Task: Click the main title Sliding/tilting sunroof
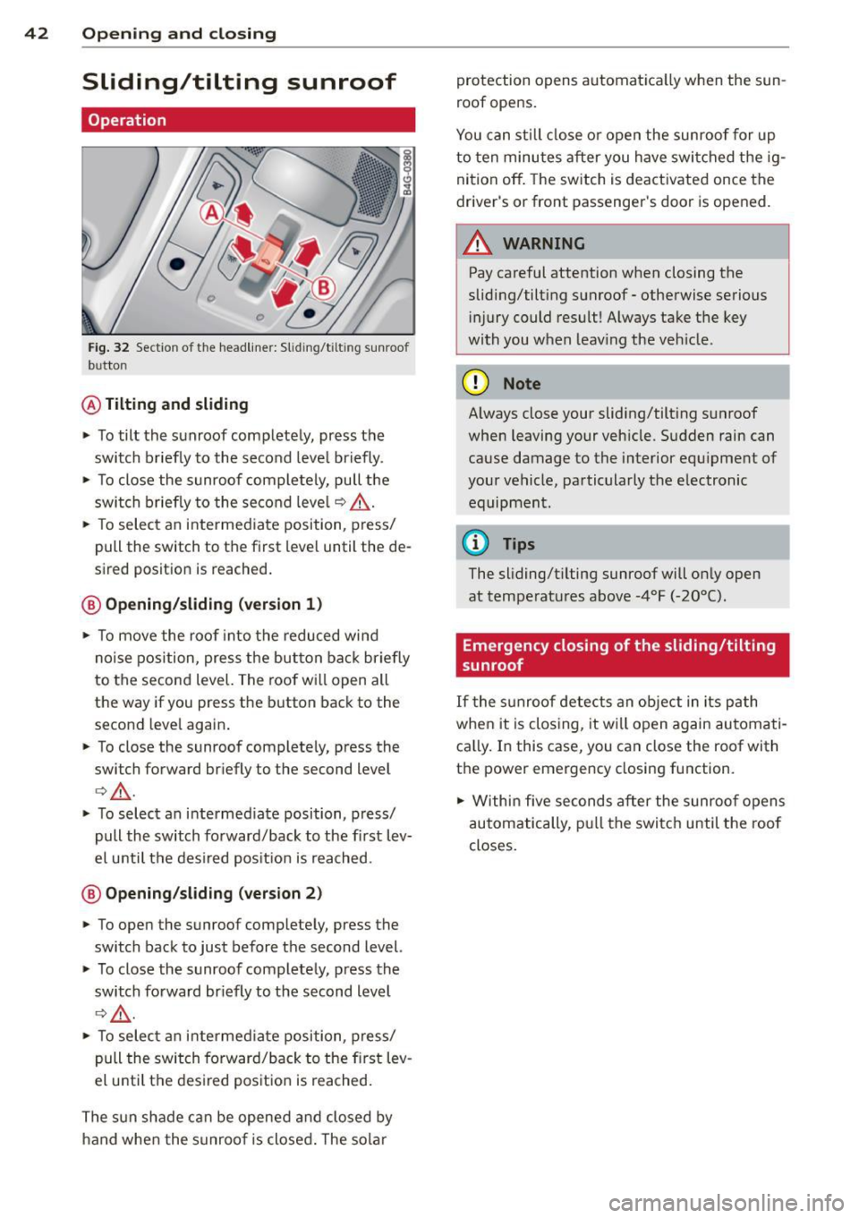click(239, 82)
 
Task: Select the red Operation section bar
click(248, 120)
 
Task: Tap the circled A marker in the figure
click(212, 213)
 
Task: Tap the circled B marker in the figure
click(322, 287)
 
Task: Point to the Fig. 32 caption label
click(108, 347)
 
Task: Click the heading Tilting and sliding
click(176, 405)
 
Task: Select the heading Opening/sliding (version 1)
click(213, 604)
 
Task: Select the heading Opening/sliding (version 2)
click(213, 893)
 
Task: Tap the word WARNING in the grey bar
click(544, 243)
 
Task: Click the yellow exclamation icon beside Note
click(474, 383)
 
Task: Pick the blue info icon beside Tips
click(474, 543)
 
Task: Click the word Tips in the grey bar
click(519, 544)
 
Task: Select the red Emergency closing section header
click(622, 655)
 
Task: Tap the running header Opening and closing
click(179, 34)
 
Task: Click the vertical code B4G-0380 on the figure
click(408, 173)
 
